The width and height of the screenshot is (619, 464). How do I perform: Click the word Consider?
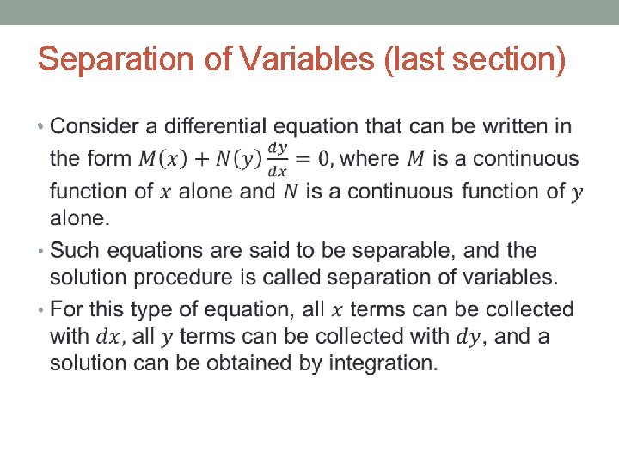tap(94, 127)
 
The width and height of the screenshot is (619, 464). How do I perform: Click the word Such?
tap(73, 251)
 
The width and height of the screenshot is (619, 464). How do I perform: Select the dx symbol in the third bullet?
tap(108, 337)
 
